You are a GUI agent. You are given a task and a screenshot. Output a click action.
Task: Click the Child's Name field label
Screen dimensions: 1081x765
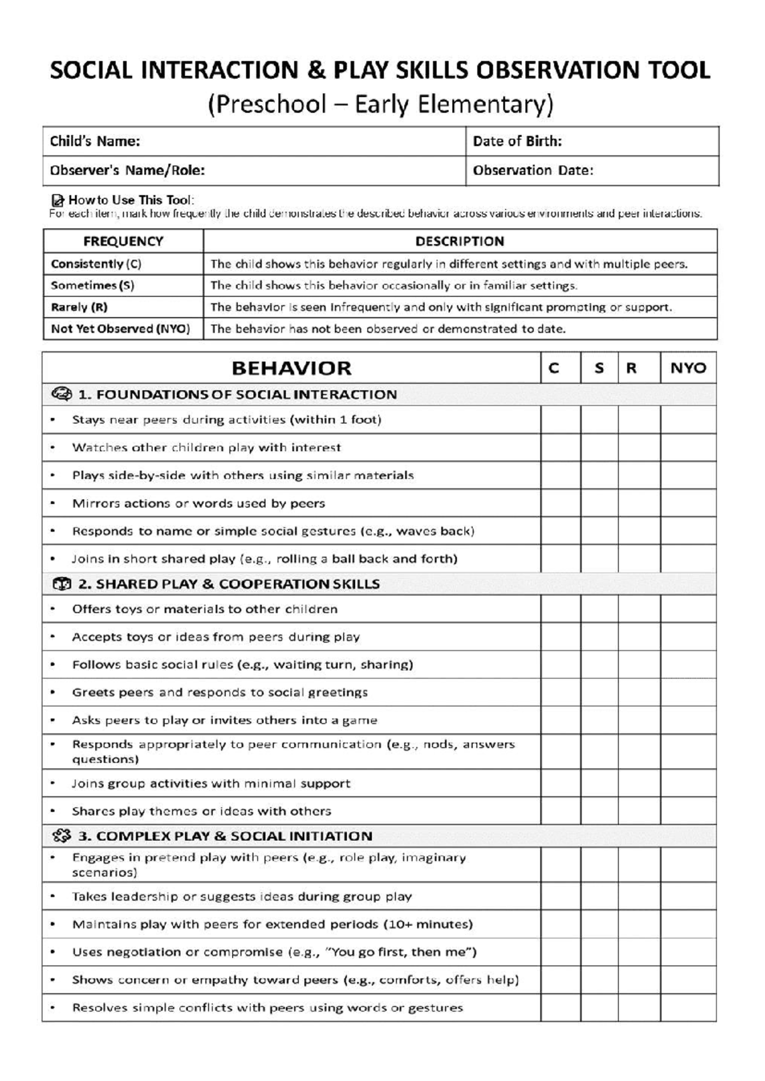(x=94, y=141)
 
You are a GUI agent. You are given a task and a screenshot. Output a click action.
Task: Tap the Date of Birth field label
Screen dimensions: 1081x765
(x=517, y=141)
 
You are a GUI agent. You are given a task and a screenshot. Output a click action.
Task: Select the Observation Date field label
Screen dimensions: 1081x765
(x=533, y=171)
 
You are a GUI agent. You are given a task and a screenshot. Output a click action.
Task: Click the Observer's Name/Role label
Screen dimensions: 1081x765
(x=127, y=171)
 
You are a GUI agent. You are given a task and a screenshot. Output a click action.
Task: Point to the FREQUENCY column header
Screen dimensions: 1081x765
(x=123, y=242)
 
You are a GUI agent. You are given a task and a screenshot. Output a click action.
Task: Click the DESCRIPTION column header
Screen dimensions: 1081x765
(x=460, y=242)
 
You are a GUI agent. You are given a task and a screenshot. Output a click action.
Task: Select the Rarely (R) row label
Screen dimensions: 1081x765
(x=79, y=307)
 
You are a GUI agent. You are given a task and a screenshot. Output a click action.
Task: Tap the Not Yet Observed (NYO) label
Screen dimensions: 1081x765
(x=120, y=329)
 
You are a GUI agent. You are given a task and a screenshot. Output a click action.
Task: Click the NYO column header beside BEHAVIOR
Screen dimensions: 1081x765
(x=688, y=368)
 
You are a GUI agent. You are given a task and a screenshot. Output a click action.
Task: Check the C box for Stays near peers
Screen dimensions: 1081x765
(x=560, y=420)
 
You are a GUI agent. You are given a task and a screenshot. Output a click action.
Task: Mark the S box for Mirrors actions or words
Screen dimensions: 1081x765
(x=599, y=504)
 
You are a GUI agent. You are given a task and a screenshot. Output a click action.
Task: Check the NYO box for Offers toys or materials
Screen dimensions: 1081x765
(x=688, y=609)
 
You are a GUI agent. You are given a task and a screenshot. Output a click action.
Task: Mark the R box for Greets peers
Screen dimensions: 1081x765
(x=639, y=692)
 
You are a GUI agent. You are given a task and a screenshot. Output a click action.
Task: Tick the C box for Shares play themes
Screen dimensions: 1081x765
(x=560, y=811)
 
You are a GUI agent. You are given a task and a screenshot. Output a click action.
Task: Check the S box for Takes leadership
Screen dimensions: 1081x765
(x=599, y=897)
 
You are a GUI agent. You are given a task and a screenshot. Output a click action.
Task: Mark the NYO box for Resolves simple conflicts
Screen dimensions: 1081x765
(x=688, y=1008)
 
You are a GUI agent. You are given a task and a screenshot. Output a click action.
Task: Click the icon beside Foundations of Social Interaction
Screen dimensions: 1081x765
(x=62, y=395)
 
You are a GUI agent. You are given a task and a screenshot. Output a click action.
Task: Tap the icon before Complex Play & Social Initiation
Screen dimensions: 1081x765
(x=62, y=836)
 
